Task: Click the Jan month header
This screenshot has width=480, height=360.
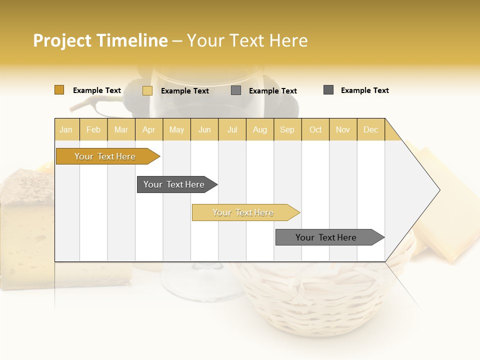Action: (x=66, y=129)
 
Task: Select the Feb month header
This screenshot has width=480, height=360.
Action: (x=93, y=129)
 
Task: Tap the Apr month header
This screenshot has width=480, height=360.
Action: (x=148, y=129)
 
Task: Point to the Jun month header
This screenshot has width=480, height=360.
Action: (x=204, y=129)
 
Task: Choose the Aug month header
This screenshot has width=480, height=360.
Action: (x=259, y=129)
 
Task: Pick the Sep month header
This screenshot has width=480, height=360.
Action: (x=287, y=129)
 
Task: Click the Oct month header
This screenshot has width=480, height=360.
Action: (x=315, y=129)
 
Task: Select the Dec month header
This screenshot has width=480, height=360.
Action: (x=370, y=129)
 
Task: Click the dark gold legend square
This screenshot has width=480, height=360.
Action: (x=59, y=90)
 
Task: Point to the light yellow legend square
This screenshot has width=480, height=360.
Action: (x=147, y=90)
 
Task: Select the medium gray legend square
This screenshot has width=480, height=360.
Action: (x=236, y=90)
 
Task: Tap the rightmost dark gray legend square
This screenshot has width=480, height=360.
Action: (x=328, y=90)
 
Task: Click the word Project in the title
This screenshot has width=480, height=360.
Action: (x=63, y=40)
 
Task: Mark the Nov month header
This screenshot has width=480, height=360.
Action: (x=342, y=129)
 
